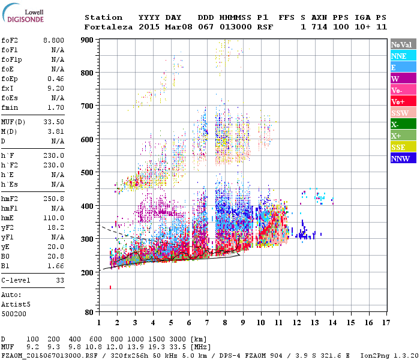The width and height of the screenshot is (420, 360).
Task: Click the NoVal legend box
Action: coord(403,44)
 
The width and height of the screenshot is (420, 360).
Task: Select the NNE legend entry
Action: coord(403,56)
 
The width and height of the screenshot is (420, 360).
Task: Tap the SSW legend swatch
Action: coord(403,113)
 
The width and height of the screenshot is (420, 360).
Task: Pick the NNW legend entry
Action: coord(403,158)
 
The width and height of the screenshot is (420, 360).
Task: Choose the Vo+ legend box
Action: coord(403,101)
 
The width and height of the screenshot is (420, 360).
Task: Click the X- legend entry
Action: coord(403,124)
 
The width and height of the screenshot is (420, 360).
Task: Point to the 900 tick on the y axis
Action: coord(86,40)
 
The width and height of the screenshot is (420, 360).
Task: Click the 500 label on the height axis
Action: coord(86,173)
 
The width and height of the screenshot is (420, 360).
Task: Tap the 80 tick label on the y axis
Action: coord(89,313)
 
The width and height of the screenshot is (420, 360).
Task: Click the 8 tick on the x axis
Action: coord(225,323)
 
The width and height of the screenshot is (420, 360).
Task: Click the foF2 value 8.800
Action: coord(54,40)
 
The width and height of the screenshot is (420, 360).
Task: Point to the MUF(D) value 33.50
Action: coord(54,122)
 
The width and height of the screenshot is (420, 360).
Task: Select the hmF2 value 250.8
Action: coord(54,198)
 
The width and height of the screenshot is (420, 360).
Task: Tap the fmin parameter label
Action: coord(10,107)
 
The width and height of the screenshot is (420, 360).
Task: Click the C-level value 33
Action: coord(60,280)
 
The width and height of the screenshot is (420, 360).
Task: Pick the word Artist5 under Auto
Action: coord(16,304)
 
